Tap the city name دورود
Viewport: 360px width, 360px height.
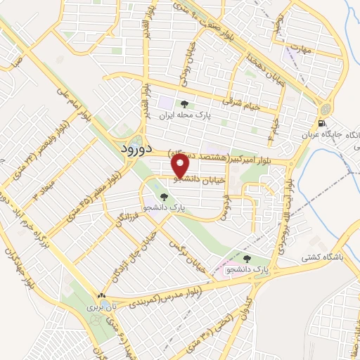pyautogui.click(x=130, y=150)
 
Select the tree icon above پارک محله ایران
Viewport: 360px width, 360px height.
pyautogui.click(x=184, y=105)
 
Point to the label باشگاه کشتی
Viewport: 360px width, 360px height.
pyautogui.click(x=323, y=257)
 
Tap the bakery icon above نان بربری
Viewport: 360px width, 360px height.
pyautogui.click(x=103, y=296)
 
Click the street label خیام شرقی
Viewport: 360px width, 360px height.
pyautogui.click(x=241, y=103)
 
